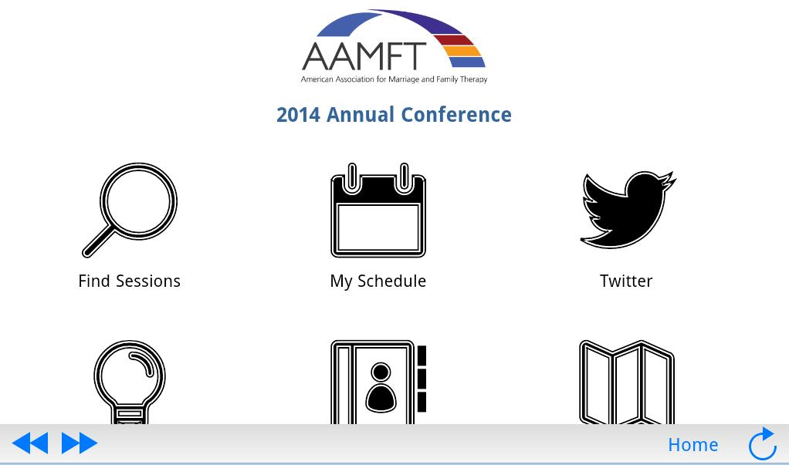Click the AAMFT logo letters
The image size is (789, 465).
pyautogui.click(x=364, y=56)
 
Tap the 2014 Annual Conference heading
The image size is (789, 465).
pyautogui.click(x=394, y=115)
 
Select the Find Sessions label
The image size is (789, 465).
pyautogui.click(x=130, y=281)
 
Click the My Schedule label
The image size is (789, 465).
pyautogui.click(x=378, y=281)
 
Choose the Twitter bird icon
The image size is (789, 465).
pyautogui.click(x=627, y=210)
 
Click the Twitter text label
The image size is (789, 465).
pyautogui.click(x=626, y=281)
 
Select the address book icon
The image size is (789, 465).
pyautogui.click(x=378, y=382)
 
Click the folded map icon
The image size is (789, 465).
pyautogui.click(x=627, y=382)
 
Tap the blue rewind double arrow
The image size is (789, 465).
pyautogui.click(x=31, y=443)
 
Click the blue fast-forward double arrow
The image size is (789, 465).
pyautogui.click(x=80, y=443)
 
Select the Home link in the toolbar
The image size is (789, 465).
pyautogui.click(x=692, y=445)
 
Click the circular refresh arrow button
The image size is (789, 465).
pyautogui.click(x=762, y=444)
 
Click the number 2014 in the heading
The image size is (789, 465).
pyautogui.click(x=298, y=115)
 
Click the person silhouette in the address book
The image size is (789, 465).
pyautogui.click(x=381, y=389)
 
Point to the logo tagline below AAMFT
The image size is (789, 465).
pyautogui.click(x=394, y=79)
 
